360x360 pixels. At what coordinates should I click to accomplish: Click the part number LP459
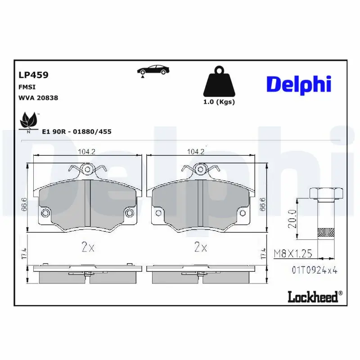[33, 75]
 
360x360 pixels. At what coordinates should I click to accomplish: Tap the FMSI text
[27, 87]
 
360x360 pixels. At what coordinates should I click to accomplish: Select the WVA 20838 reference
[38, 98]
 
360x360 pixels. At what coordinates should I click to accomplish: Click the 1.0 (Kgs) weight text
[219, 102]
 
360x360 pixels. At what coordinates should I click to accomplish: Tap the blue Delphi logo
[299, 84]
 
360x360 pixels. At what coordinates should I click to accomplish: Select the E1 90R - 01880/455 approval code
[76, 131]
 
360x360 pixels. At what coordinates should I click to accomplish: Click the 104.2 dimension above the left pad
[87, 152]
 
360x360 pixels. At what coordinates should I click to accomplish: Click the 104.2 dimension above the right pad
[196, 152]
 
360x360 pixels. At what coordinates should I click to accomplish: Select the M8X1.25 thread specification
[293, 254]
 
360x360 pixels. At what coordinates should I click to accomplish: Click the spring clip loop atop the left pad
[88, 169]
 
